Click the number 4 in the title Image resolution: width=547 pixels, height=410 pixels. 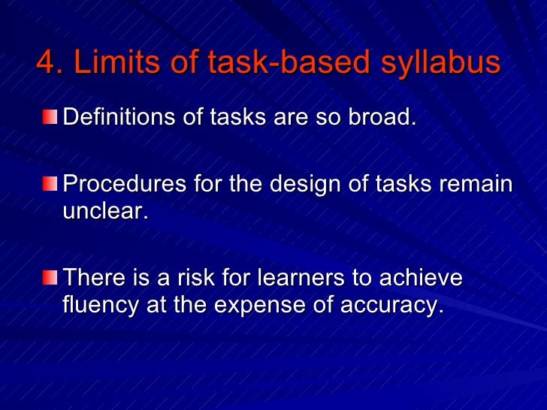[x=46, y=64]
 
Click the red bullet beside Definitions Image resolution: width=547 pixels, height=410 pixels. [x=50, y=117]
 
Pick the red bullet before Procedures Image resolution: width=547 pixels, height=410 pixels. [x=50, y=185]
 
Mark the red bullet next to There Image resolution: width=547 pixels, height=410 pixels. [x=50, y=279]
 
